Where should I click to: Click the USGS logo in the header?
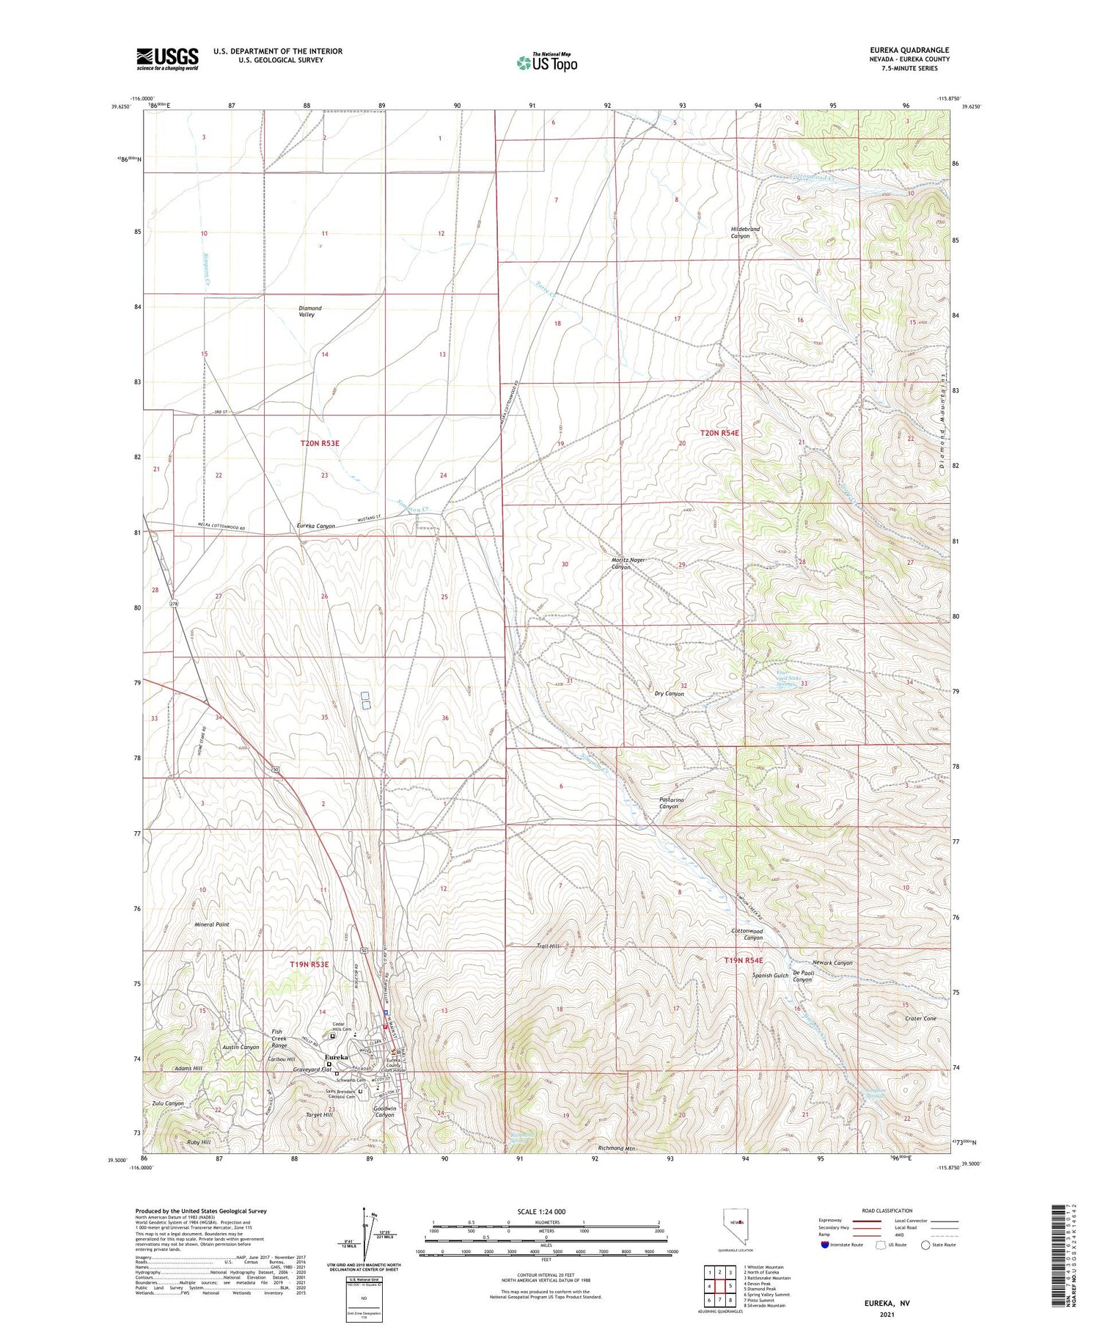click(167, 59)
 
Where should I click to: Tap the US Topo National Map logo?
click(547, 62)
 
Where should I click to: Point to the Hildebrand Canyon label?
click(745, 233)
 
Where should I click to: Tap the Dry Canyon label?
click(669, 693)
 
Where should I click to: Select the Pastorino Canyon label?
click(668, 803)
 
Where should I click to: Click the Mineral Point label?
click(212, 924)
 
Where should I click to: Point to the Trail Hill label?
click(548, 946)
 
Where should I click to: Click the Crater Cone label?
click(920, 1018)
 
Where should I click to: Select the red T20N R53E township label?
click(320, 443)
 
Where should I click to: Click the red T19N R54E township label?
click(744, 960)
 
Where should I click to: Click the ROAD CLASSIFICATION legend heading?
click(887, 1210)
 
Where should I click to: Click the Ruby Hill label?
click(199, 1142)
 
